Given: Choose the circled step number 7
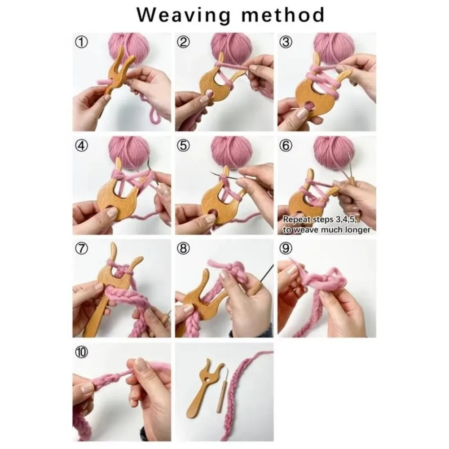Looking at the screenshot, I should [x=81, y=248].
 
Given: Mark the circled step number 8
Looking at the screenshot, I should [x=183, y=248].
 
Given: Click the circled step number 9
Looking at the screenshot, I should [x=286, y=248].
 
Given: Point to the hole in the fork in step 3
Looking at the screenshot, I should [x=309, y=105].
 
